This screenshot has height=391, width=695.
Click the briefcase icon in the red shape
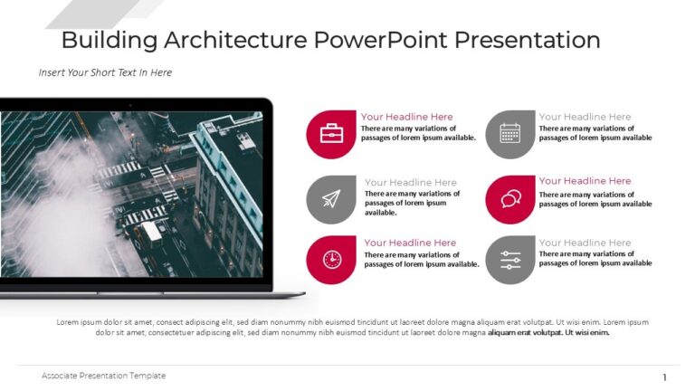coord(331,134)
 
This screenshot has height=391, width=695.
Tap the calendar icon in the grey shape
coord(509,134)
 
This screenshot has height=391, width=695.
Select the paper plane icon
coord(331,199)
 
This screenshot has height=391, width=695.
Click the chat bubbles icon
coord(509,199)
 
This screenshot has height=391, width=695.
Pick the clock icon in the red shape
coord(331,260)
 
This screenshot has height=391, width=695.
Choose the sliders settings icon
coord(509,260)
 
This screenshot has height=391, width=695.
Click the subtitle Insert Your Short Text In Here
coord(105,72)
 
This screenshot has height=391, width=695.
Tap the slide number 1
coord(665,377)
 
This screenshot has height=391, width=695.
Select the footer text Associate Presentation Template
coord(103,376)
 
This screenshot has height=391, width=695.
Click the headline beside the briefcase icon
coord(406,117)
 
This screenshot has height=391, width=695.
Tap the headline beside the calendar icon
coord(585,117)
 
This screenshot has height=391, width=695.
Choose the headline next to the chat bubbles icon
coord(585,181)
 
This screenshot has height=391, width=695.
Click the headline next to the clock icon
coord(410,243)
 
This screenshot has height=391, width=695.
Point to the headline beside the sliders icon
coord(585,243)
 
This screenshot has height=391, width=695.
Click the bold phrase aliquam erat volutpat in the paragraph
coord(525,332)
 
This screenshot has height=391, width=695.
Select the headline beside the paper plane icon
coord(410,182)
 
